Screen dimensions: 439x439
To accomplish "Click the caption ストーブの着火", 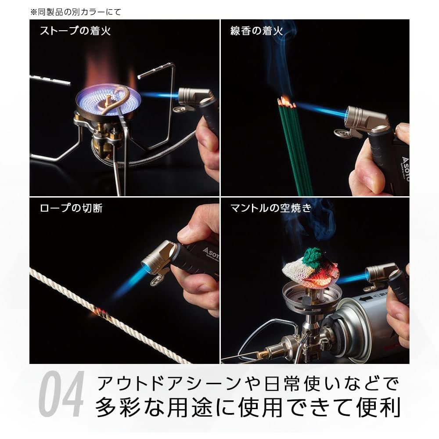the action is pyautogui.click(x=76, y=31).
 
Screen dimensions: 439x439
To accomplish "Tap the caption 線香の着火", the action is pyautogui.click(x=256, y=31).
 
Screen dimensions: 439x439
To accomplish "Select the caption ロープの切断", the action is pyautogui.click(x=71, y=208).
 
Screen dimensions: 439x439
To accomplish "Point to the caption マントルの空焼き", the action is pyautogui.click(x=271, y=208).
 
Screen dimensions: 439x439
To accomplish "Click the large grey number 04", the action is pyautogui.click(x=61, y=394).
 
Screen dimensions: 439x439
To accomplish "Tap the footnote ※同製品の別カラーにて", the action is pyautogui.click(x=76, y=12).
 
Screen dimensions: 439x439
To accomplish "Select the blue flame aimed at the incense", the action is pyautogui.click(x=321, y=110).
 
